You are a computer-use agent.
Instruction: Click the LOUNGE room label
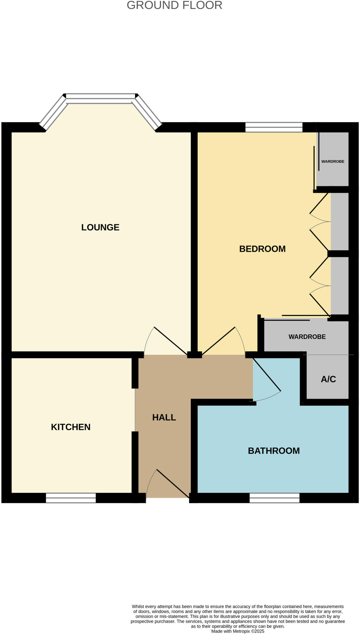pos(100,227)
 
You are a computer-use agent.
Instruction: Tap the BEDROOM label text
pos(262,249)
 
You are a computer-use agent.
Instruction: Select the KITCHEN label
pos(71,427)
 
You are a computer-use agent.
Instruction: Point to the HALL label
pos(164,417)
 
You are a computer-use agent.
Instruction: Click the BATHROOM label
pos(274,451)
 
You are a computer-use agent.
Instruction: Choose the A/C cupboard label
pos(328,379)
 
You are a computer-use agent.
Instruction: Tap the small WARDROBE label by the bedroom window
pos(333,162)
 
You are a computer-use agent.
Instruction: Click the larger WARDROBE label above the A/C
pos(307,337)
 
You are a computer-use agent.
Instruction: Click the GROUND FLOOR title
pos(175,5)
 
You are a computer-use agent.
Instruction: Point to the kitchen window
pos(71,498)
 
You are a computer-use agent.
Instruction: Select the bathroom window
pos(275,498)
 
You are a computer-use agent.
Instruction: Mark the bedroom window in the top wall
pos(274,127)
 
